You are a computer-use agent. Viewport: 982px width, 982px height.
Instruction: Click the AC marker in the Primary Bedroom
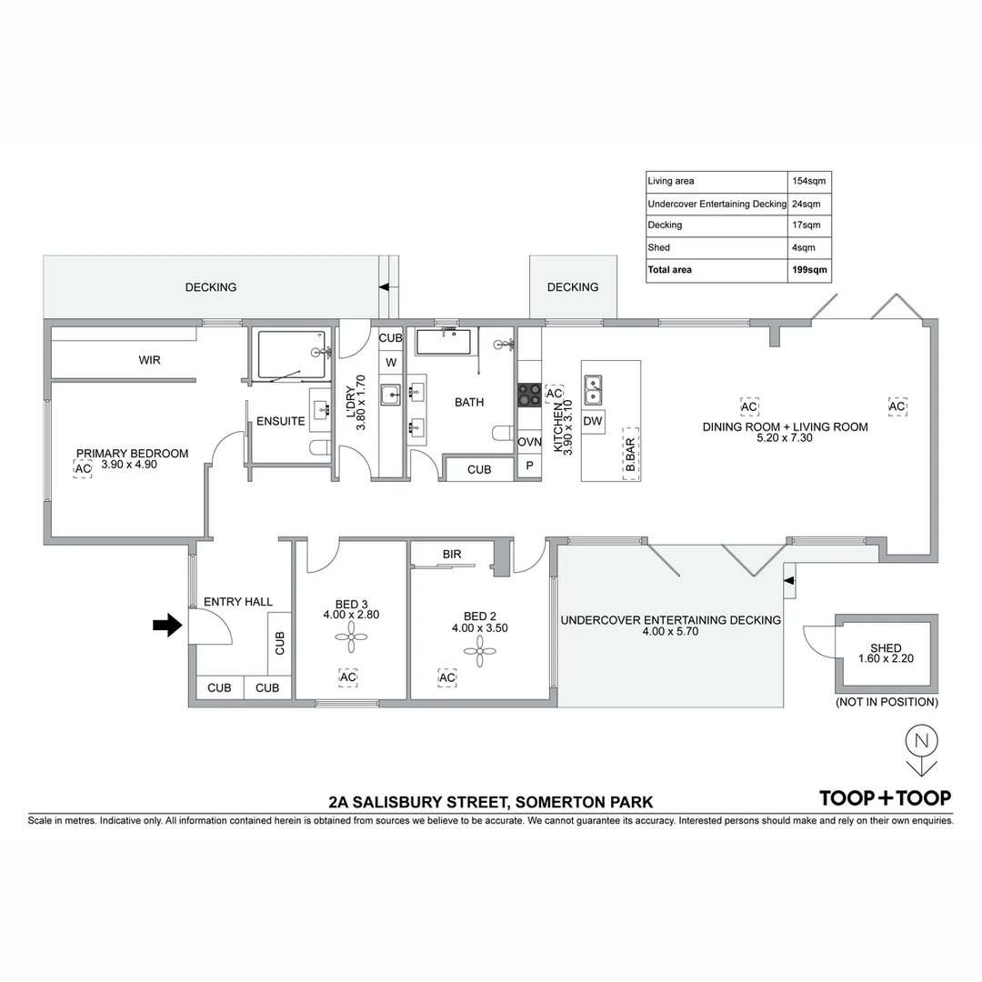[x=83, y=469]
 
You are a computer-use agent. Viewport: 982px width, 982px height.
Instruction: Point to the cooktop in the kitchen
[x=529, y=395]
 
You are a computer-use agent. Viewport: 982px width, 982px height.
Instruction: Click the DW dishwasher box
[x=593, y=421]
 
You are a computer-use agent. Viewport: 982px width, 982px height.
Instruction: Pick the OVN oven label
[x=529, y=443]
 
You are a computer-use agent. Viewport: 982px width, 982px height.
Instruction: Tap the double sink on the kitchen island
[x=594, y=389]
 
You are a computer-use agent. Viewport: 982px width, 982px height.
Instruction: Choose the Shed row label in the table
[x=659, y=247]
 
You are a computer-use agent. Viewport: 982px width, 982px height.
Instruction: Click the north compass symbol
[x=921, y=750]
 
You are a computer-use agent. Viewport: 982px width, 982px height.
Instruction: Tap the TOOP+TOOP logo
[x=885, y=797]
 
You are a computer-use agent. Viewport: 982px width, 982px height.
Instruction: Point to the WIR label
[x=149, y=361]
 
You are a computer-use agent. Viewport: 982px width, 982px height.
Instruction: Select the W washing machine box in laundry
[x=390, y=363]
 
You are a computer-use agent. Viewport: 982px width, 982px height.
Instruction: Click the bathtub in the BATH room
[x=443, y=343]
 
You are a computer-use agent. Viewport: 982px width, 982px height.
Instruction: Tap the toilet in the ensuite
[x=319, y=447]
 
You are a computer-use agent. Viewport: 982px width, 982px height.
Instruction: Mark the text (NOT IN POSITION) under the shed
[x=886, y=702]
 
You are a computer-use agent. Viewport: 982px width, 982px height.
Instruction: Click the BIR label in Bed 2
[x=452, y=553]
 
